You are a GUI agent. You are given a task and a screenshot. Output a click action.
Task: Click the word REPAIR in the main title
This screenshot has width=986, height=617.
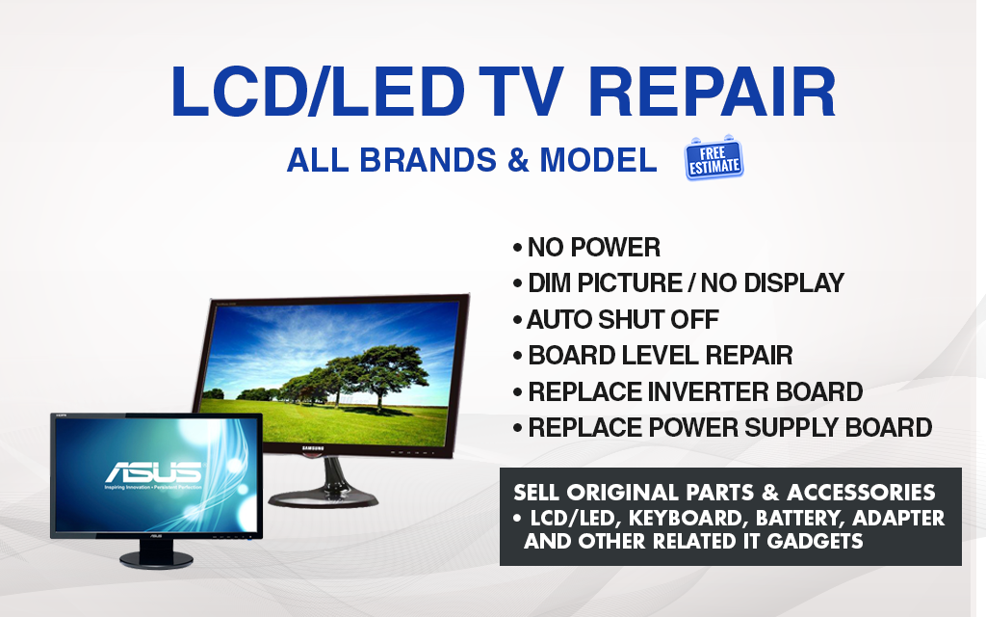712,92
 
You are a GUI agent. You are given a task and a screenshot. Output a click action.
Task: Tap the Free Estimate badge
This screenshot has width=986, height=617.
714,158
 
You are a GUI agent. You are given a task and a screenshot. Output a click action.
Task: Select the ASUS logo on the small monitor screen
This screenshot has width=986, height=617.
153,472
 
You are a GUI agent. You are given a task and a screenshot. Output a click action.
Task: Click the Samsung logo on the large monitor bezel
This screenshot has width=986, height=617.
313,448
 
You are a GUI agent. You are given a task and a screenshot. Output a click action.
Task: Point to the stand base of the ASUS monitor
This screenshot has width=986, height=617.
157,559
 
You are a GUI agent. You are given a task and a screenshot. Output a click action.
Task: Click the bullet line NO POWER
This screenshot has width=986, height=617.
586,248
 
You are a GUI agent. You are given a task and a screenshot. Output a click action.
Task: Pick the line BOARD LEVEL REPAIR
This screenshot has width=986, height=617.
653,355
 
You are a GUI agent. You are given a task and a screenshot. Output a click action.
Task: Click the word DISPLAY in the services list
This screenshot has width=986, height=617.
793,283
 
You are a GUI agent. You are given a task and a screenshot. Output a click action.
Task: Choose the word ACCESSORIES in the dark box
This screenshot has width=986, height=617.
861,492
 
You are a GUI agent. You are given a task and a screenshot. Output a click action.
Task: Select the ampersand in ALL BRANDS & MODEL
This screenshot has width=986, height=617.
517,160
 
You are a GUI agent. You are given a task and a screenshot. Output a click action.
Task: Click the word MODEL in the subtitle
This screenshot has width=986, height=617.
598,160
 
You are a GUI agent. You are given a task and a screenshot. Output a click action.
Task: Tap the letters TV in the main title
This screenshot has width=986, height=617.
518,92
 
